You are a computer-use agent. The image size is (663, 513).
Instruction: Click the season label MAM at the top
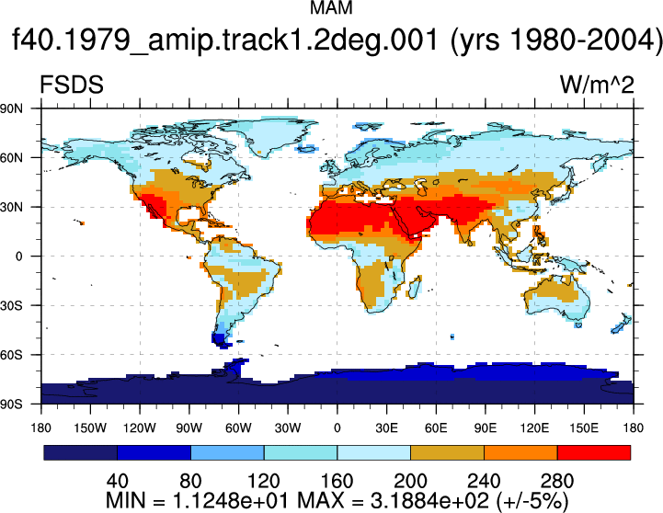click(x=331, y=7)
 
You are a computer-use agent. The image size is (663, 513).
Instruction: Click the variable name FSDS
click(x=72, y=85)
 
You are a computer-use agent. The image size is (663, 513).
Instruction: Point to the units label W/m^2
click(x=597, y=85)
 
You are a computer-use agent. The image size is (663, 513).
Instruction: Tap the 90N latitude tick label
click(x=11, y=108)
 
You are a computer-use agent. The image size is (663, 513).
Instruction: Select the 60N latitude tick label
click(x=11, y=158)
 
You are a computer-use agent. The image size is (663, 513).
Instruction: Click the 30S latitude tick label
click(x=11, y=305)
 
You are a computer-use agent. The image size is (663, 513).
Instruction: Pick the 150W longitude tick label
click(x=90, y=428)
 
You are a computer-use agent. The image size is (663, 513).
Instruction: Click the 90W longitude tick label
click(x=189, y=428)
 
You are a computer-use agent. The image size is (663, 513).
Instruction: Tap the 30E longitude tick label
click(x=386, y=428)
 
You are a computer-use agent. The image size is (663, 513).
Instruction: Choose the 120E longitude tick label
click(x=534, y=428)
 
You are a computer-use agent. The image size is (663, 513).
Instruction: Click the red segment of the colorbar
click(x=594, y=452)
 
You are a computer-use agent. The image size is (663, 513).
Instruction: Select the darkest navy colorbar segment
click(x=80, y=452)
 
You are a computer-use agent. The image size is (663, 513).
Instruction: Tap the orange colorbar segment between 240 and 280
click(x=520, y=452)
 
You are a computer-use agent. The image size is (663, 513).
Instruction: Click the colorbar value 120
click(x=263, y=482)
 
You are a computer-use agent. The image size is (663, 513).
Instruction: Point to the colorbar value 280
click(x=557, y=482)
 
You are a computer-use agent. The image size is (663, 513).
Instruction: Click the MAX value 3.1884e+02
click(x=429, y=501)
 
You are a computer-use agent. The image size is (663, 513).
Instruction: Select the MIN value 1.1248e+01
click(x=232, y=501)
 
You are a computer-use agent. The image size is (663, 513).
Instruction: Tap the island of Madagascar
click(x=416, y=287)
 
